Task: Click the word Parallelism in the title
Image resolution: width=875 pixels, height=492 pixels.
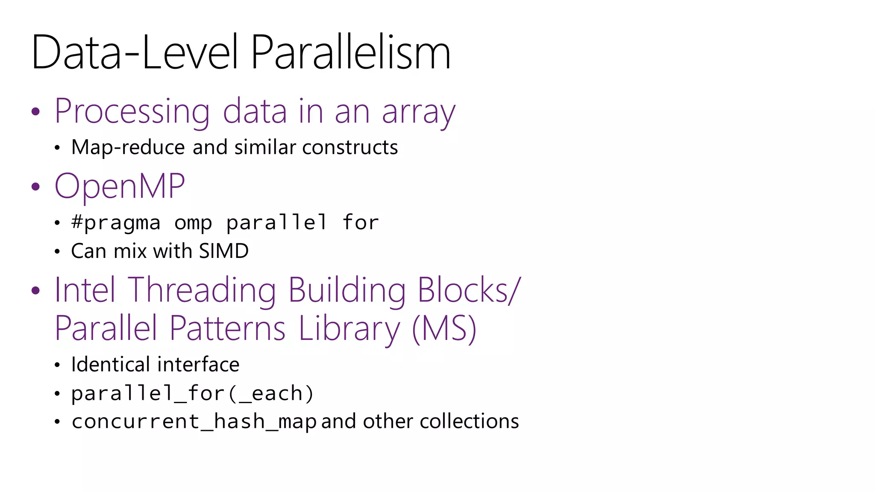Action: click(350, 53)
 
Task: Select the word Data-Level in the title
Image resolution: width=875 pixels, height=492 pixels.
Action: click(134, 53)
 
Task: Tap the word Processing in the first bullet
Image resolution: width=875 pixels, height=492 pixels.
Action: click(132, 112)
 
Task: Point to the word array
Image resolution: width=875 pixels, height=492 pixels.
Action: click(418, 112)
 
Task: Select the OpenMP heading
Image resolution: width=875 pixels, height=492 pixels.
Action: click(120, 187)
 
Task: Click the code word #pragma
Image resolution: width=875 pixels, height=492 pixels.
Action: click(116, 223)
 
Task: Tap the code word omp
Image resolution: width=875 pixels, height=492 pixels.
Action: click(193, 223)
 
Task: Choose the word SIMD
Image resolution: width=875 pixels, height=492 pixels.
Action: click(223, 251)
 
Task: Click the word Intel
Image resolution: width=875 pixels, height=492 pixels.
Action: click(85, 290)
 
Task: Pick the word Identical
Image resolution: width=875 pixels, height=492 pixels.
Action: click(110, 365)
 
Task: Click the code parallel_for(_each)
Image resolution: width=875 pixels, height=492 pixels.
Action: click(192, 393)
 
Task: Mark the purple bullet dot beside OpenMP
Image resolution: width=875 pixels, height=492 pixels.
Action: click(36, 187)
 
